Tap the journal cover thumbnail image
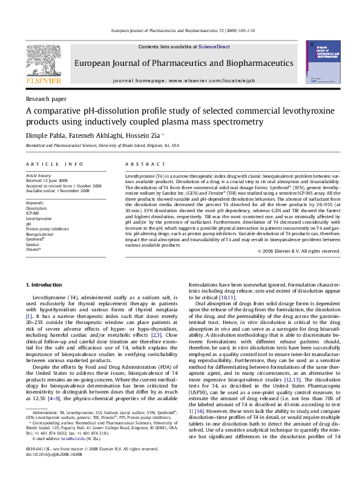[322, 63]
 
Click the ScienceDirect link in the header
[214, 47]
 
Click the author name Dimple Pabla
[42, 135]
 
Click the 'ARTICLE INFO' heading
[54, 164]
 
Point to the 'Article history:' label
[39, 175]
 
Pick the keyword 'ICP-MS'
[33, 213]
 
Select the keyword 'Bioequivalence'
[39, 233]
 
